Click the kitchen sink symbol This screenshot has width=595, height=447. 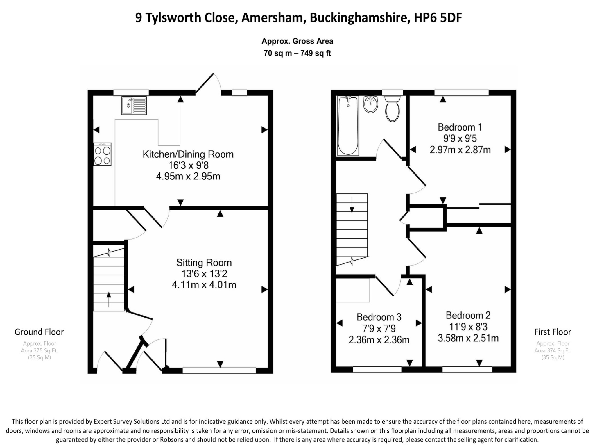pyautogui.click(x=134, y=106)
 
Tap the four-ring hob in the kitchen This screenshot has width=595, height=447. pyautogui.click(x=102, y=154)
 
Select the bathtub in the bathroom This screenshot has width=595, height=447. pyautogui.click(x=348, y=126)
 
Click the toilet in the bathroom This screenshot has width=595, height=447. pyautogui.click(x=392, y=109)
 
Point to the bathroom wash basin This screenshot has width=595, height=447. pyautogui.click(x=370, y=104)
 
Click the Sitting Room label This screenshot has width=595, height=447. pyautogui.click(x=204, y=263)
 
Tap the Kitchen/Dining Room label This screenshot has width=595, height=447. pyautogui.click(x=188, y=154)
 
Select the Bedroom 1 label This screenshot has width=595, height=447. pyautogui.click(x=460, y=127)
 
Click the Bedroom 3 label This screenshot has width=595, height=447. pyautogui.click(x=379, y=317)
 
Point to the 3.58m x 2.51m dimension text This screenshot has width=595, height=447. pyautogui.click(x=468, y=338)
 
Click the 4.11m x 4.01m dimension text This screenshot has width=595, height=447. pyautogui.click(x=204, y=284)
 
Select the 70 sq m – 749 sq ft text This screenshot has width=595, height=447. pyautogui.click(x=297, y=53)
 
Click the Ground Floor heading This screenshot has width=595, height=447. pyautogui.click(x=39, y=332)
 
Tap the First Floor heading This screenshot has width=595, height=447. pyautogui.click(x=553, y=332)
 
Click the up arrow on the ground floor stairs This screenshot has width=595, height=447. pyautogui.click(x=109, y=300)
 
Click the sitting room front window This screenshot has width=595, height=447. pyautogui.click(x=219, y=371)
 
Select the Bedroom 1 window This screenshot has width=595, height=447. pyautogui.click(x=461, y=93)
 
